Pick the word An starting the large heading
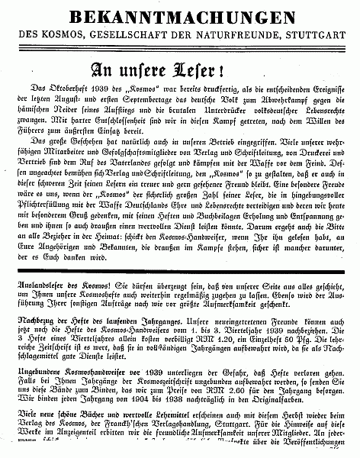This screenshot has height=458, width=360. coord(104,70)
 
